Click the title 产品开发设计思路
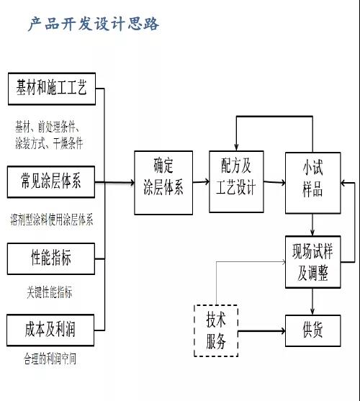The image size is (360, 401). (x=94, y=24)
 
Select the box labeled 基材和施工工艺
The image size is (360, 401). (x=51, y=89)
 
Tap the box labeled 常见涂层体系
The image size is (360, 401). (x=51, y=182)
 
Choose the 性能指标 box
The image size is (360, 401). (x=51, y=257)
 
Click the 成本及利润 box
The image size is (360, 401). (x=51, y=330)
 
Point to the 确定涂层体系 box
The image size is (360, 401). (x=163, y=182)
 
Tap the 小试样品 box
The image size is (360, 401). (x=312, y=182)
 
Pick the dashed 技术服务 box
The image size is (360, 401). (x=216, y=330)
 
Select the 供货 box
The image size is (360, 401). (x=312, y=330)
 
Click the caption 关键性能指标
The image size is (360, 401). (x=48, y=292)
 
